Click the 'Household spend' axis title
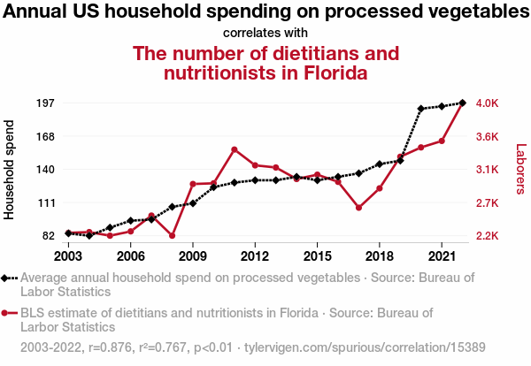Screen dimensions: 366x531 (x=11, y=169)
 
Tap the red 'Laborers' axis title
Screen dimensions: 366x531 (x=520, y=169)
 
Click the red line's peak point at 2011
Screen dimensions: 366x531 (x=234, y=149)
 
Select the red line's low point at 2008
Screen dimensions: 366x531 (x=172, y=236)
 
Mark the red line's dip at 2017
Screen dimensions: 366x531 (x=358, y=208)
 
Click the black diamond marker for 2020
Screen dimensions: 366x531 (x=421, y=109)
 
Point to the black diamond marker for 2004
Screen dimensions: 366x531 (x=89, y=236)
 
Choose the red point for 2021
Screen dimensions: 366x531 (x=442, y=141)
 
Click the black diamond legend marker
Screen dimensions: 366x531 (x=6, y=278)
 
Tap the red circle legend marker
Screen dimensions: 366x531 (x=6, y=313)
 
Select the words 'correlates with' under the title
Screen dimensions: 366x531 (x=265, y=33)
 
